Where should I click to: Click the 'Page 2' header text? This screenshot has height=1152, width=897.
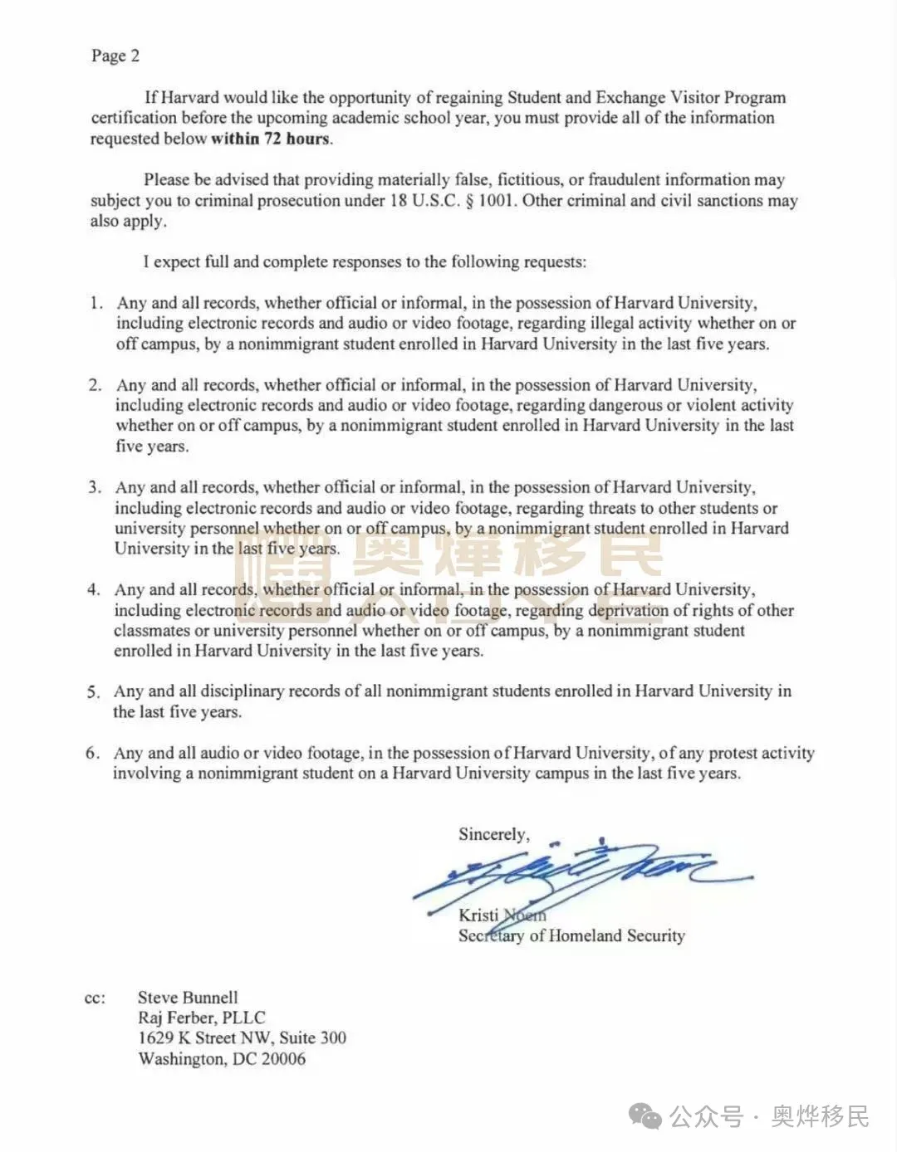coord(115,56)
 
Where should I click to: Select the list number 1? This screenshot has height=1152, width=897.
coord(96,303)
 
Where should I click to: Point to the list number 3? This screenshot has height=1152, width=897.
coord(95,487)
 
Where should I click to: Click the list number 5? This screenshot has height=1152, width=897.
coord(94,691)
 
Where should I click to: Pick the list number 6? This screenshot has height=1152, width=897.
coord(92,753)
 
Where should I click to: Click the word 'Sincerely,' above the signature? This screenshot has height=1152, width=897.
coord(493,834)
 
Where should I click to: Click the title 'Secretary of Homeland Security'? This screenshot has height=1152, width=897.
coord(571,935)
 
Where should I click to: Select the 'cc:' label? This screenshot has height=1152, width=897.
coord(96,998)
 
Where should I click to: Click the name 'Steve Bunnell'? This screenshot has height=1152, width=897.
coord(188,998)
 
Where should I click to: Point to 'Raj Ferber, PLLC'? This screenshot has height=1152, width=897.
coord(201,1018)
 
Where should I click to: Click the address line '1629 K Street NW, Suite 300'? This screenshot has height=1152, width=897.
coord(242,1037)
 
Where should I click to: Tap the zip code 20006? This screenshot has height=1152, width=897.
coord(283,1058)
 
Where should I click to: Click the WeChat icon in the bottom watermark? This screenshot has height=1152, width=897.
coord(645,1117)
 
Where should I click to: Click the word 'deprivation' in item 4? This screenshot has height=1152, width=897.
coord(628,610)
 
